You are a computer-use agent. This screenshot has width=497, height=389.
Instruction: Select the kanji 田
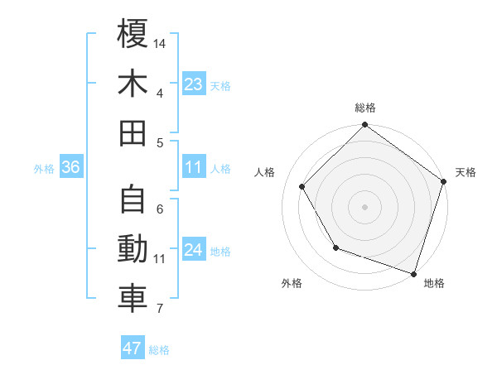coord(133,132)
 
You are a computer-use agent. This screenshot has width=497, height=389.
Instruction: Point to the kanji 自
coord(133,199)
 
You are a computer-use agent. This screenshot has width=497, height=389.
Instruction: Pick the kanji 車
coord(133,299)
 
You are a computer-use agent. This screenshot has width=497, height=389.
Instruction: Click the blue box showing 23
coord(194,84)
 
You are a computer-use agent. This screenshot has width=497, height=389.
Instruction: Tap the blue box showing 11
coord(194,167)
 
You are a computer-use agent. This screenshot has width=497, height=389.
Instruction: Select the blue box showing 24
coord(194,250)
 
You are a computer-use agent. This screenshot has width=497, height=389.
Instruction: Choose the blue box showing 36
coord(71,167)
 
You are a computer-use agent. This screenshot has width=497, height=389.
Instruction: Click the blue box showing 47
coord(133,348)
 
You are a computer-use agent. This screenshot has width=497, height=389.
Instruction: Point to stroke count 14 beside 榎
coord(161,42)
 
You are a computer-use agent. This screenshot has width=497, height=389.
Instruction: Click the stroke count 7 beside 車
coord(160,310)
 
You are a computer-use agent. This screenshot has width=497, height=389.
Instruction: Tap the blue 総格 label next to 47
coord(159,350)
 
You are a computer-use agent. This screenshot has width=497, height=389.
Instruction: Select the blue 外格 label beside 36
coord(44,169)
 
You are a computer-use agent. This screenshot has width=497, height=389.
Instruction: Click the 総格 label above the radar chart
coord(365,108)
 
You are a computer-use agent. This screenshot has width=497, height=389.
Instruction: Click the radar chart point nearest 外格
coord(335,247)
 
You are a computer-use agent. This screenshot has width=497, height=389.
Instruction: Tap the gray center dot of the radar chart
coord(364,206)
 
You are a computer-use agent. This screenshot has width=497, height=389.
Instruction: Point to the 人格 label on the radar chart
coord(266,172)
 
